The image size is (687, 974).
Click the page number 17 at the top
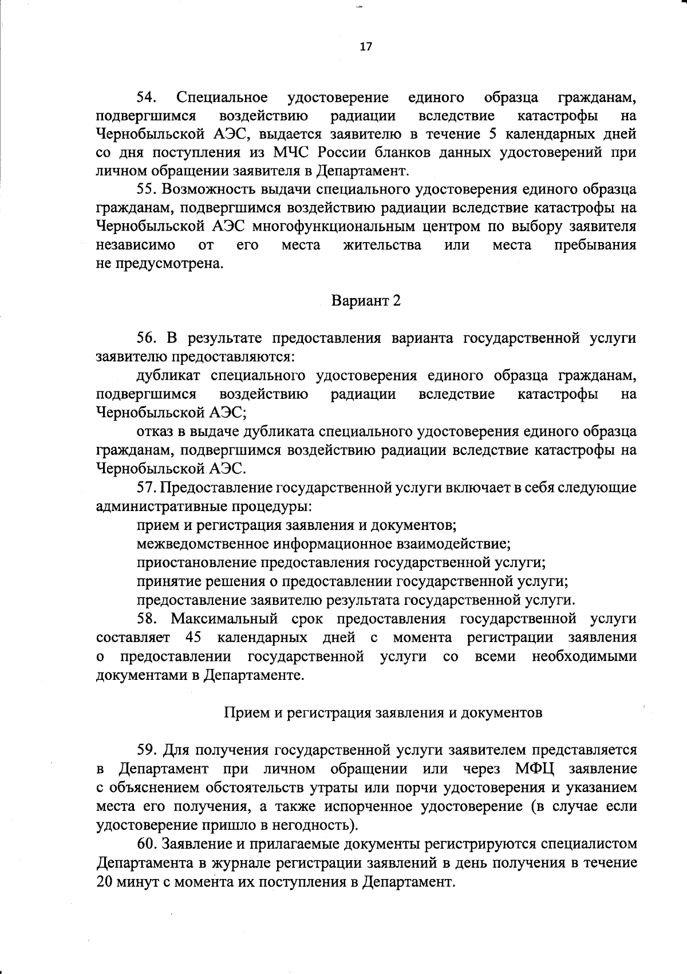[x=366, y=47]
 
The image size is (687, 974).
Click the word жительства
[x=382, y=245]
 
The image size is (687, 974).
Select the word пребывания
[x=595, y=245]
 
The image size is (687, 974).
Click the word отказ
[x=155, y=431]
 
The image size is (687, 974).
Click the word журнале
[x=250, y=862]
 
